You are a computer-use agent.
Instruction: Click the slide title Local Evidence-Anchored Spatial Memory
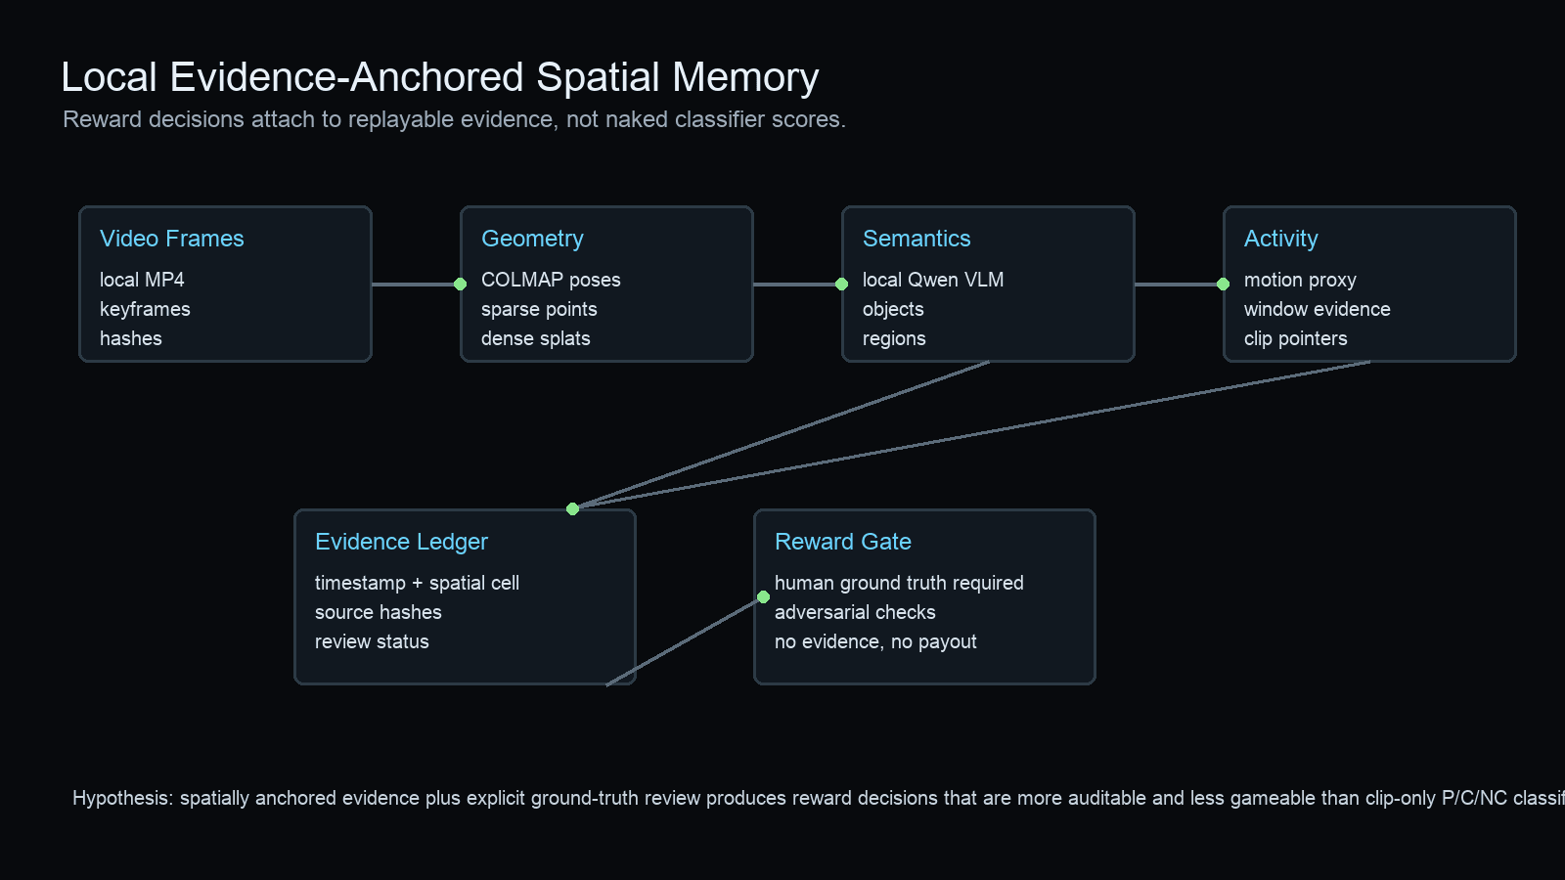pos(439,77)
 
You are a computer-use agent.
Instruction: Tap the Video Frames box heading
pos(171,239)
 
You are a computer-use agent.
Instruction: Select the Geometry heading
pos(532,239)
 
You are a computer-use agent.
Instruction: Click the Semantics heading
pos(917,239)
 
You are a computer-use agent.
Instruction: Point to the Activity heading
pos(1280,239)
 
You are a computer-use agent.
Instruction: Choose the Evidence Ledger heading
pos(401,542)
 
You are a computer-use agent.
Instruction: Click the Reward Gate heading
pos(842,542)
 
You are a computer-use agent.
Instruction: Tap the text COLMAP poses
pos(551,280)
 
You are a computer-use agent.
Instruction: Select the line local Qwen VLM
pos(932,280)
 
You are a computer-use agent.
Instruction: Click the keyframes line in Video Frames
pos(145,309)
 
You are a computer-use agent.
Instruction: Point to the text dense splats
pos(535,338)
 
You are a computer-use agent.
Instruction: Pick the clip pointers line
pos(1295,338)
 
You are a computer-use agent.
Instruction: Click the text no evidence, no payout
pos(875,641)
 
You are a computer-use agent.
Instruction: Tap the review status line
pos(372,641)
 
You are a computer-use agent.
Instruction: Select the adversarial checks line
pos(855,612)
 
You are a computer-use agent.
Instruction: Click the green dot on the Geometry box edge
pos(460,285)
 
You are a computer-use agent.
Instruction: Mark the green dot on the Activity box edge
pos(1223,285)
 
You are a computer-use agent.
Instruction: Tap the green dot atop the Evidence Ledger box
pos(572,508)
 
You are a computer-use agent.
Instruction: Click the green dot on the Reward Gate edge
pos(763,596)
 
